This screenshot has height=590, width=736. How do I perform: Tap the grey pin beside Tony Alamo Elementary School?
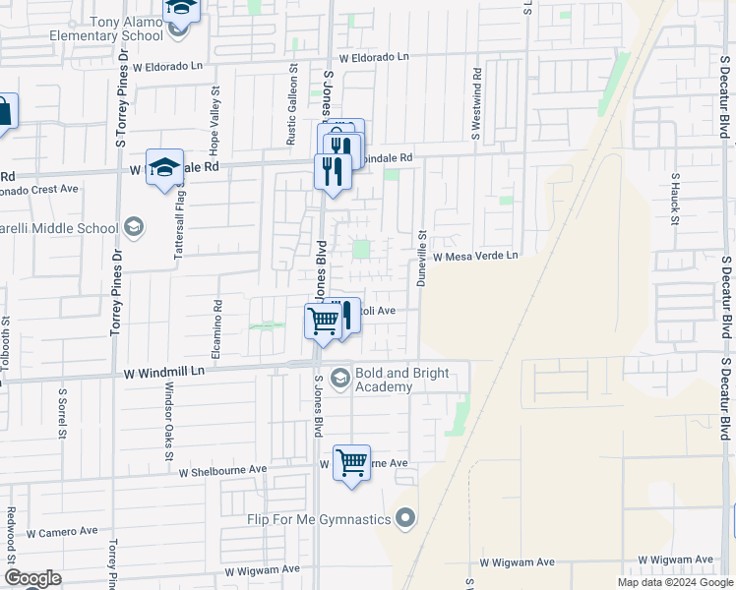point(177,27)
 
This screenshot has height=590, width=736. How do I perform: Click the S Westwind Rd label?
point(476,102)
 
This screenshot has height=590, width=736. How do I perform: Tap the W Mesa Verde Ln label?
point(475,256)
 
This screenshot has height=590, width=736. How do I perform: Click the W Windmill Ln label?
point(164,372)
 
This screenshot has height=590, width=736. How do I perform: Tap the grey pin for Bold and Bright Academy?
point(340,378)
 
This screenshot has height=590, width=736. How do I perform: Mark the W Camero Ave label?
point(62,531)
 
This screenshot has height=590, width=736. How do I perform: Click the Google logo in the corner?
point(31,578)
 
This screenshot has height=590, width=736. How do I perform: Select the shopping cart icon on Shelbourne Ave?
point(351,461)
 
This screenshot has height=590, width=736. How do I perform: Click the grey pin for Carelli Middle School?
point(134,229)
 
